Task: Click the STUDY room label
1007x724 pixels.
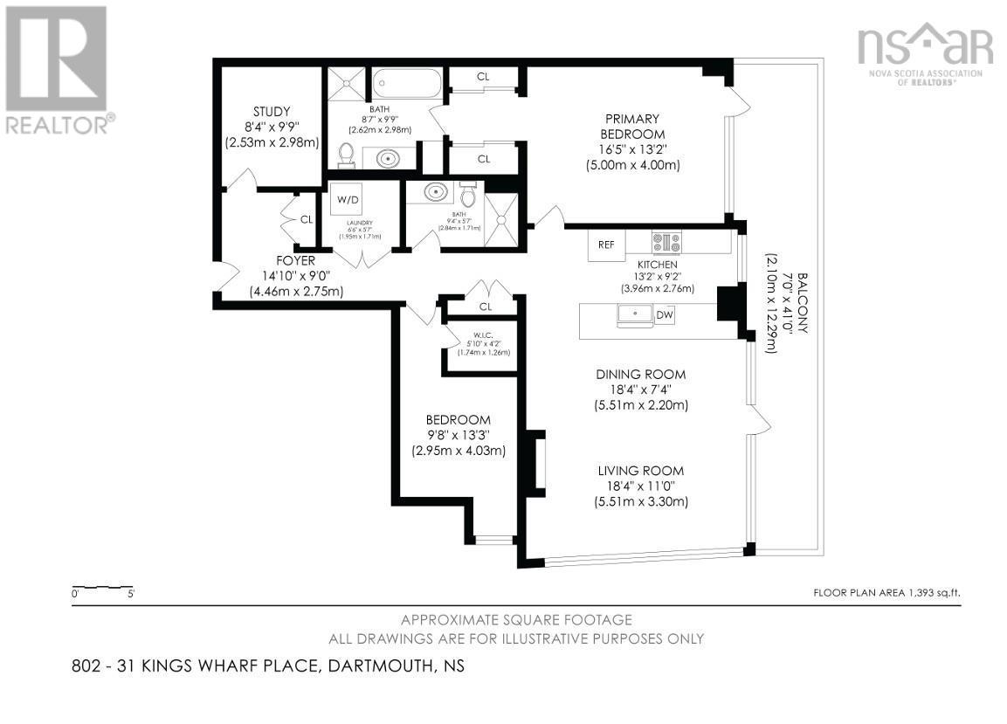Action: click(271, 111)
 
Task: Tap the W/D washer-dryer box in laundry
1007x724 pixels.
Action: click(348, 199)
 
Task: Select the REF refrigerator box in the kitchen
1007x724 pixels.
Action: click(606, 245)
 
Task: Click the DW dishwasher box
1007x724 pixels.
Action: click(665, 315)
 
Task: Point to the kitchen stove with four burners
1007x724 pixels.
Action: click(666, 242)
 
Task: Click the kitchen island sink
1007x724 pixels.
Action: click(635, 314)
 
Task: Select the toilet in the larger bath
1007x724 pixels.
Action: click(346, 155)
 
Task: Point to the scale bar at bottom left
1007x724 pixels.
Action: click(103, 588)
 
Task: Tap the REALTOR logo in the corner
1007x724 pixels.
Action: click(57, 70)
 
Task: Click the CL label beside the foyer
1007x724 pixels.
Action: click(307, 219)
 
